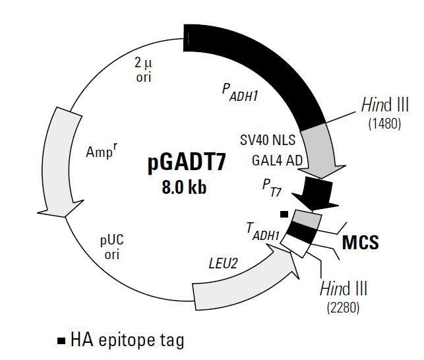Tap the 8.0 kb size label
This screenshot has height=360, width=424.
pos(185,187)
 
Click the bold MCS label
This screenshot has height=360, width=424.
pos(360,242)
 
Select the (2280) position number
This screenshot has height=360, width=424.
pos(342,307)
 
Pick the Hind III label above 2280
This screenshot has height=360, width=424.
pos(343,289)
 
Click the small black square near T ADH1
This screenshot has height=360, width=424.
pos(284,214)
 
